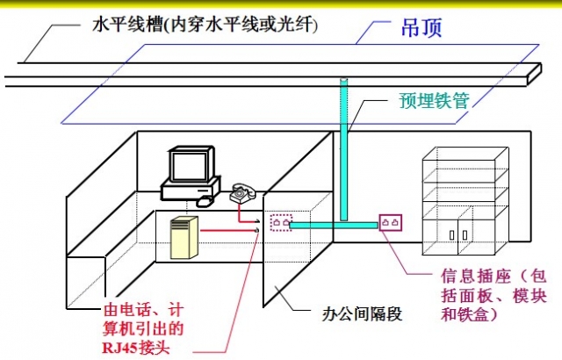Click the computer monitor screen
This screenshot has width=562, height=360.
[x=188, y=165]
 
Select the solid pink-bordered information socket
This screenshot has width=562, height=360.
[x=391, y=224]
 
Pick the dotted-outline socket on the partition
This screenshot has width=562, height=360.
[x=281, y=224]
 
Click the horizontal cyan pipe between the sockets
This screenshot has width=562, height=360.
[x=334, y=226]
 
